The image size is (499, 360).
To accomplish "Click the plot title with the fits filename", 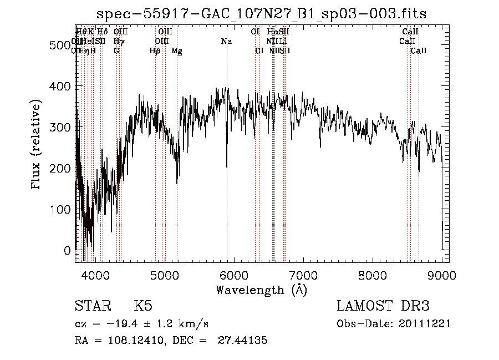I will pyautogui.click(x=262, y=14).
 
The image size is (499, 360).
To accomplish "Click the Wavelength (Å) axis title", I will pyautogui.click(x=261, y=290).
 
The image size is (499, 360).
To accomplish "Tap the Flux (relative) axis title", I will pyautogui.click(x=37, y=145).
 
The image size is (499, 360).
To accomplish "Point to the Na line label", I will pyautogui.click(x=226, y=41).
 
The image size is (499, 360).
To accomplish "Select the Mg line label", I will pyautogui.click(x=177, y=51).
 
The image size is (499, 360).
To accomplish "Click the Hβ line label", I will pyautogui.click(x=155, y=50).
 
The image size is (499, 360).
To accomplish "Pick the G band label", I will pyautogui.click(x=116, y=50).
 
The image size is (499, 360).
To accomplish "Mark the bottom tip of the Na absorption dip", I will pyautogui.click(x=227, y=166).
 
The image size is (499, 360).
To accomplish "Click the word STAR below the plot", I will pyautogui.click(x=92, y=306).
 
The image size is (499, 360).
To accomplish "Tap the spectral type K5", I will pyautogui.click(x=142, y=306).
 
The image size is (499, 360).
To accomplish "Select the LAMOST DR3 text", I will pyautogui.click(x=383, y=306).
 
